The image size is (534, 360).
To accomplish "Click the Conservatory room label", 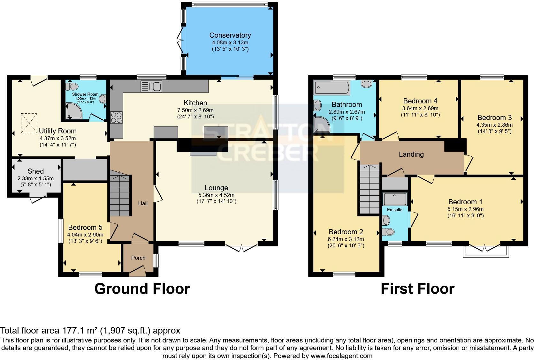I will [x=230, y=35].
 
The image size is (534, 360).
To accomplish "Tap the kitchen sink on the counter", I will [x=152, y=86].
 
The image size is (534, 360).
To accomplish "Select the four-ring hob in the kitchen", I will [x=116, y=117].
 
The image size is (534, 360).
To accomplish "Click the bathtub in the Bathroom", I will [x=332, y=87].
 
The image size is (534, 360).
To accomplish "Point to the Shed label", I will [x=35, y=171].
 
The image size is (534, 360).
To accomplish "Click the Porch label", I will [x=138, y=258].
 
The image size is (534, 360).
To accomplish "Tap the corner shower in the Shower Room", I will [x=72, y=112].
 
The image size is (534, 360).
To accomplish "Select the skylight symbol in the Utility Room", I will [x=29, y=123].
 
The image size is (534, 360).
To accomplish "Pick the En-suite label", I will [x=395, y=210].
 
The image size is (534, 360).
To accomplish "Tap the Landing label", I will [x=411, y=154].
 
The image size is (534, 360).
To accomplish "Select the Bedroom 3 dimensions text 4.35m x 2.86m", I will [x=494, y=125].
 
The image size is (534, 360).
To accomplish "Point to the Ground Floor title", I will [x=142, y=289].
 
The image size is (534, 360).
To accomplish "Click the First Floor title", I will [x=417, y=289].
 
